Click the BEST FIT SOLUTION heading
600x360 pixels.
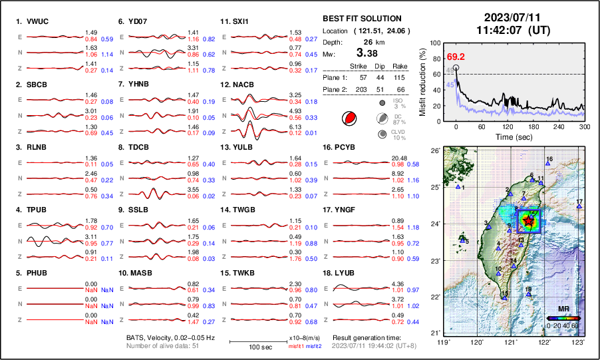click(362, 19)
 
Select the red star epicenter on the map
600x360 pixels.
click(528, 220)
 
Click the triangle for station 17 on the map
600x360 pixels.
click(579, 207)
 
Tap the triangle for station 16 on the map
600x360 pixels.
click(547, 164)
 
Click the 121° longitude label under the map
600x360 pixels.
click(510, 342)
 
